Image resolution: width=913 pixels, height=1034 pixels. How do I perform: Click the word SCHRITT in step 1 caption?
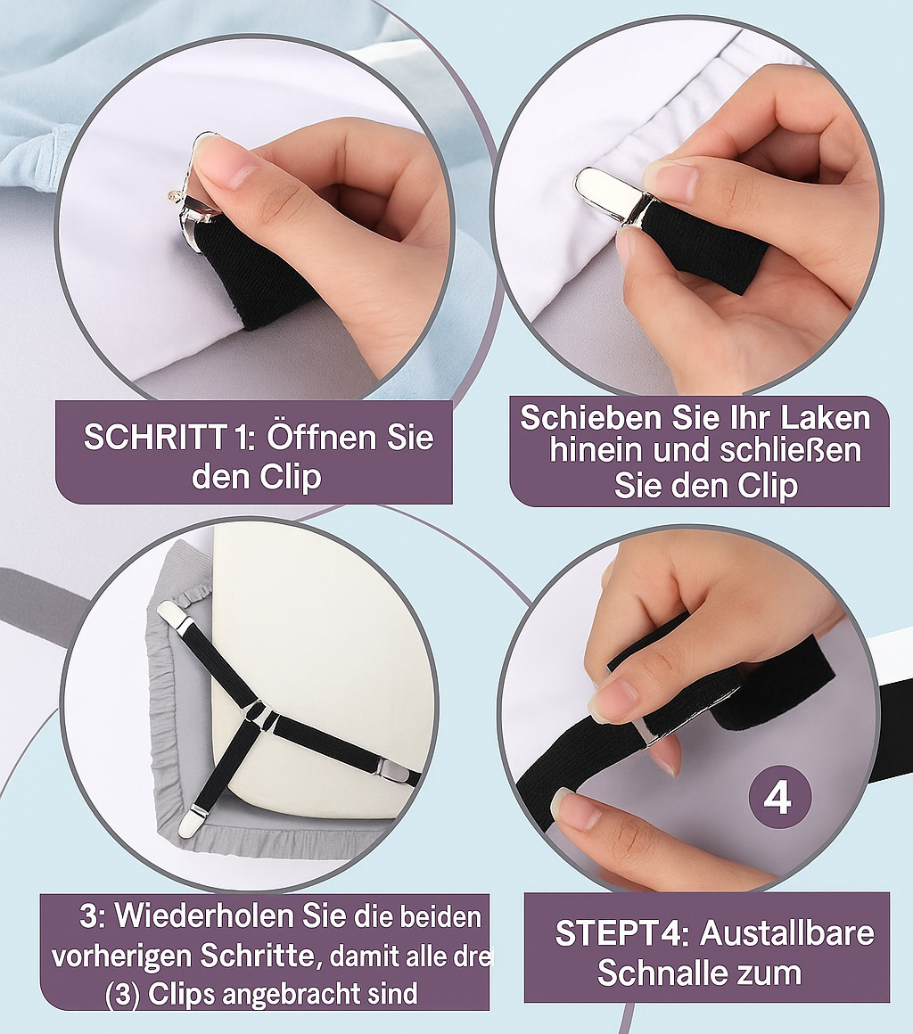click(x=154, y=437)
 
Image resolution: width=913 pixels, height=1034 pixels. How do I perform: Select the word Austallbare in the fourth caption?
click(x=787, y=932)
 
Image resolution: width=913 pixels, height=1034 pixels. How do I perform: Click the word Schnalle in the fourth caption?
click(x=666, y=972)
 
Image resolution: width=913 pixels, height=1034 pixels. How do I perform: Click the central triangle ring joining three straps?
click(x=258, y=716)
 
